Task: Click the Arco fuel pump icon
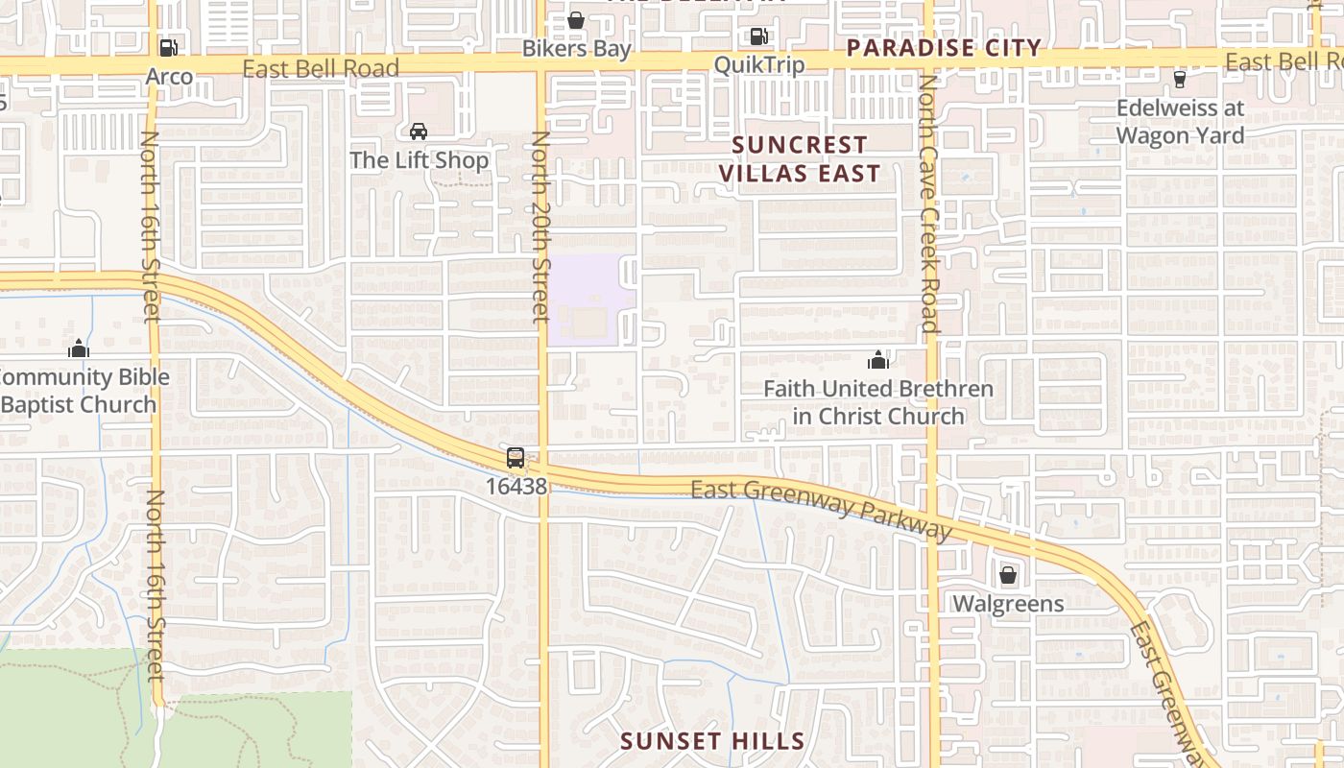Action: (168, 47)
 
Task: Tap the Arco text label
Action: (170, 76)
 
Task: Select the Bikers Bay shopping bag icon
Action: (576, 20)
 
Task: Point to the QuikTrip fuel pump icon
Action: (758, 36)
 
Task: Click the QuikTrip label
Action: (759, 63)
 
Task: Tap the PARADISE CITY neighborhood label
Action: (945, 48)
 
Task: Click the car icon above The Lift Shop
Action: (419, 132)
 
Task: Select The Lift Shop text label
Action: (420, 160)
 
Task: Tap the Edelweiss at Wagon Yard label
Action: (1180, 122)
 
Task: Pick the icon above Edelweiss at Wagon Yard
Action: (1180, 79)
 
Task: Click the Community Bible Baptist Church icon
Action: (79, 348)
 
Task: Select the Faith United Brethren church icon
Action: (877, 361)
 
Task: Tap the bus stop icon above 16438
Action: (516, 458)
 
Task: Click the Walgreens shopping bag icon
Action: (1008, 575)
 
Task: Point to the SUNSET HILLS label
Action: (712, 741)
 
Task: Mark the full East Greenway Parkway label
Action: (821, 509)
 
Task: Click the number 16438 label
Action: (516, 487)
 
